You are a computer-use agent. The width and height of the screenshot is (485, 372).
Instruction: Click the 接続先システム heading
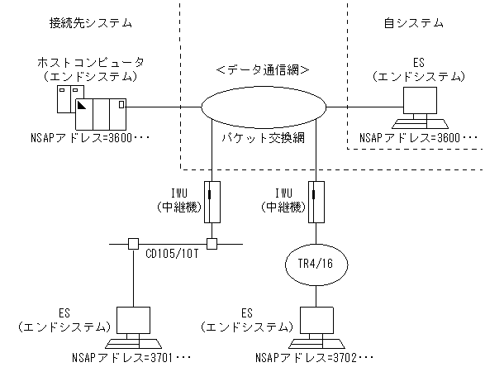tap(90, 23)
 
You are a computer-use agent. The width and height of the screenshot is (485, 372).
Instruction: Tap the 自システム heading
tap(414, 23)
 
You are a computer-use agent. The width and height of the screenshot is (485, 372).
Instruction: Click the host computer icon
tap(90, 106)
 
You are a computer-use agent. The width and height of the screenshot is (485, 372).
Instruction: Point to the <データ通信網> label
tap(263, 70)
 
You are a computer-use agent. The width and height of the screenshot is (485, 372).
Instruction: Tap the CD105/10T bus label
tap(171, 253)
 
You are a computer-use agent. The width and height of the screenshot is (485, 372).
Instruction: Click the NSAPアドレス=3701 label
tap(133, 359)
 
